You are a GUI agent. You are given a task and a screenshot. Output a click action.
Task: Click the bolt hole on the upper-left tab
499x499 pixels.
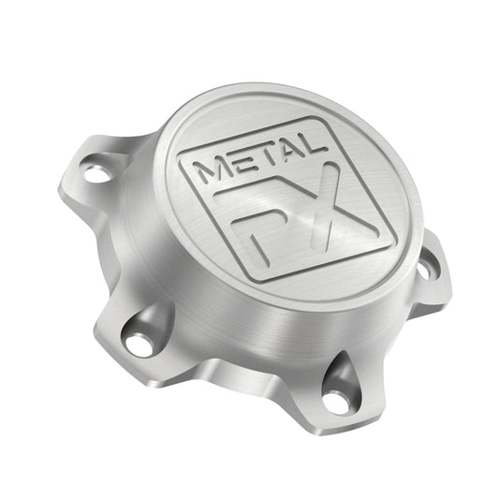(96, 173)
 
